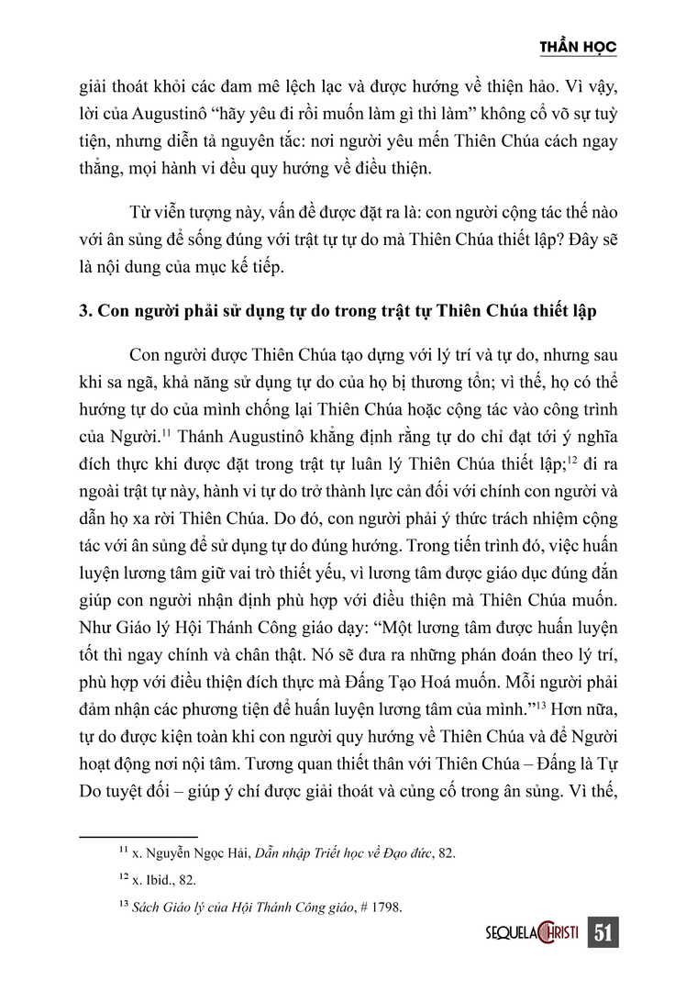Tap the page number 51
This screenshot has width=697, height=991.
(x=603, y=933)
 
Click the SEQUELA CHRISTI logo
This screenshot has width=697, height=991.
(x=531, y=933)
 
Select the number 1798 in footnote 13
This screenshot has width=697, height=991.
(x=386, y=907)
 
